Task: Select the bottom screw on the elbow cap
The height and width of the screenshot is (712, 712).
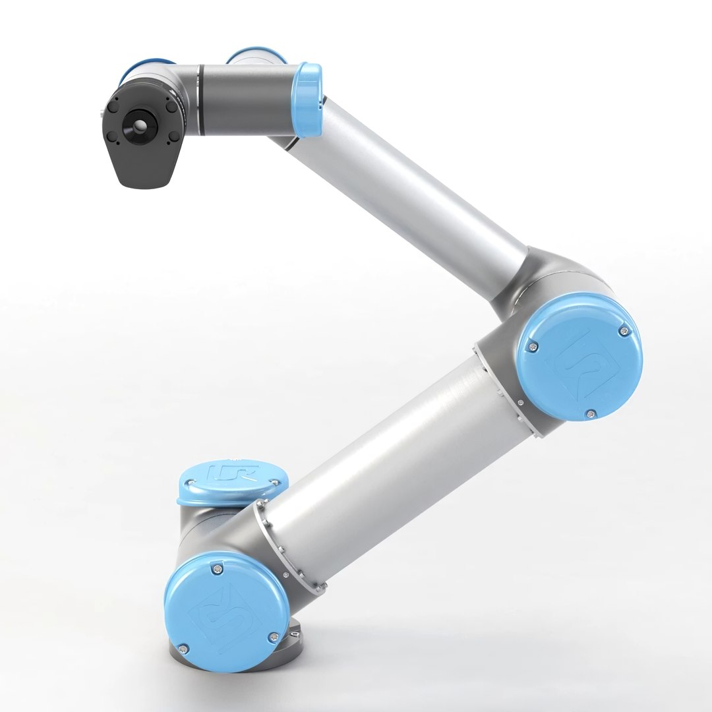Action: (590, 414)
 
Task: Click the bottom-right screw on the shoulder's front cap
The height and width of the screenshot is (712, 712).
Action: (272, 636)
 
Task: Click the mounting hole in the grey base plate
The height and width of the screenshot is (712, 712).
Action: (295, 636)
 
